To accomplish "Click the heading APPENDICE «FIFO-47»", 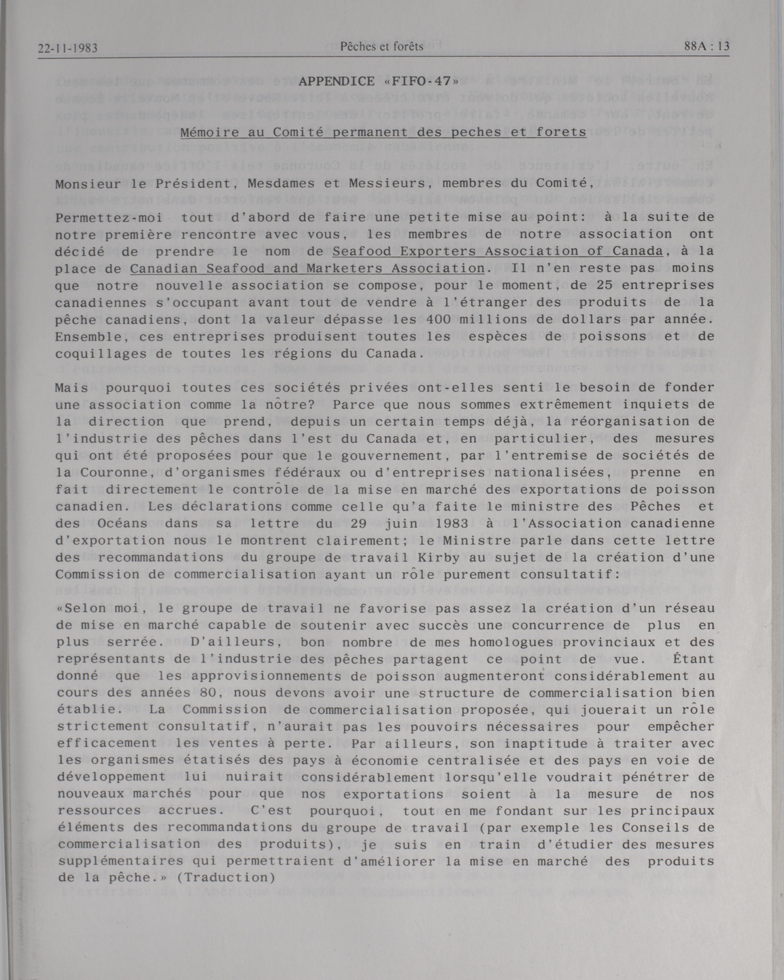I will (378, 82).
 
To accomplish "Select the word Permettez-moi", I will (109, 218).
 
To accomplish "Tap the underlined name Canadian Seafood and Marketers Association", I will (307, 268).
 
